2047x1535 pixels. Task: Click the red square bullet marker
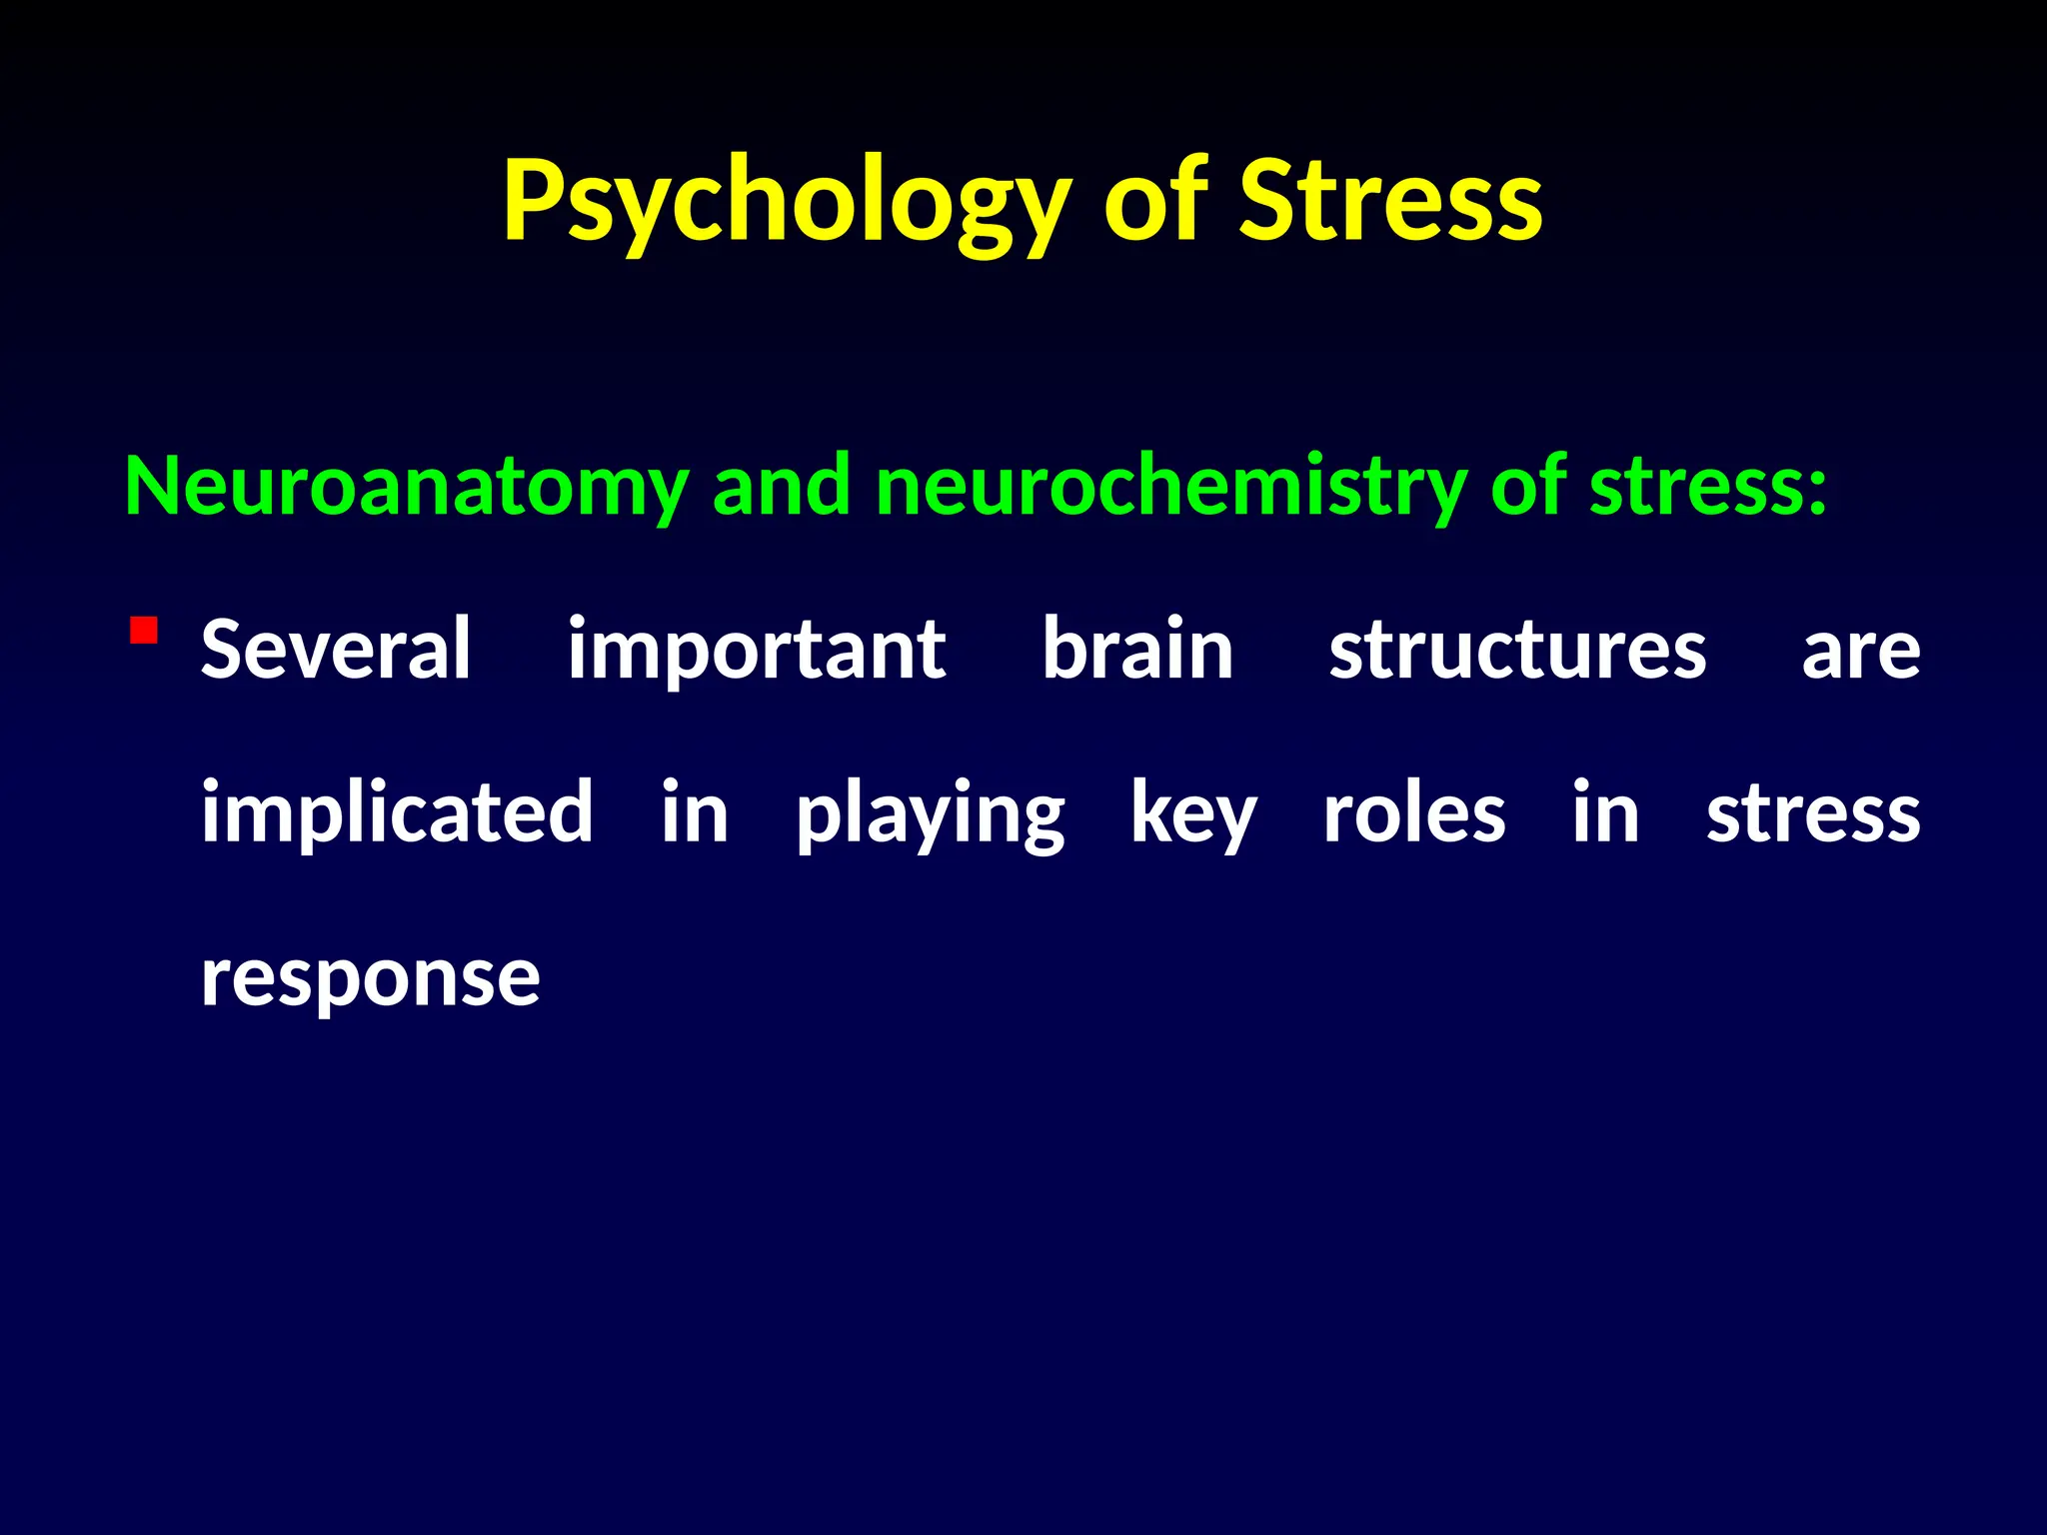144,632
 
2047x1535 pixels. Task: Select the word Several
336,650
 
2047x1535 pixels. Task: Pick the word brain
1137,650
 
